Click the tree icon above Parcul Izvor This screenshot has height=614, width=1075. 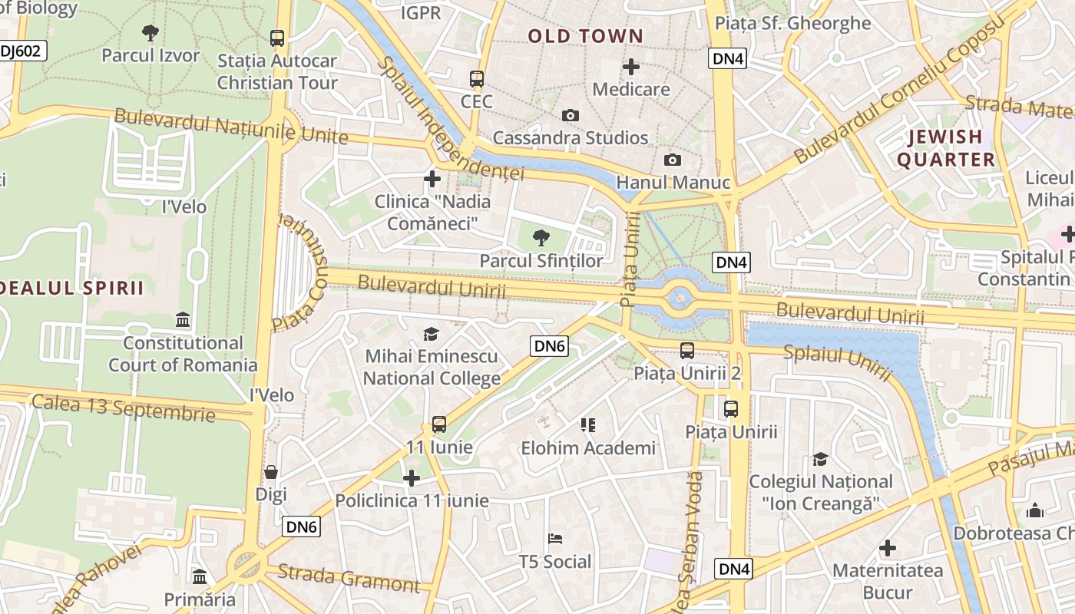[x=150, y=32]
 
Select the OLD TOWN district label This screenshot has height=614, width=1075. [x=585, y=36]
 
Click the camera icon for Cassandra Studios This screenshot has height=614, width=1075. [x=570, y=115]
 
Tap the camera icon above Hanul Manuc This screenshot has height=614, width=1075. [x=673, y=160]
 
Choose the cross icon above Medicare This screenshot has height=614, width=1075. [x=631, y=67]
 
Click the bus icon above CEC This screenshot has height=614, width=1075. [x=476, y=78]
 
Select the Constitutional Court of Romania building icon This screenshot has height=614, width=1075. [x=183, y=319]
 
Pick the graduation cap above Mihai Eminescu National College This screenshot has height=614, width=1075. [x=431, y=334]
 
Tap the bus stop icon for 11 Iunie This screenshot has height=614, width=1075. [x=439, y=424]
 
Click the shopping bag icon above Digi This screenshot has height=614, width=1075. [x=270, y=472]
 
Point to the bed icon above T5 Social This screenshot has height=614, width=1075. [x=555, y=539]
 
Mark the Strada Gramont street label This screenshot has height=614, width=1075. [x=349, y=578]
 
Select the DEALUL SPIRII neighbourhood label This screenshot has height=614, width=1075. [x=72, y=288]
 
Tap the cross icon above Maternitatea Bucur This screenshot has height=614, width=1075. [x=888, y=548]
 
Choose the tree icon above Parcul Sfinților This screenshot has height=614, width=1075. [x=541, y=238]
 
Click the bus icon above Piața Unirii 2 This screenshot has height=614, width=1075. [x=687, y=351]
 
